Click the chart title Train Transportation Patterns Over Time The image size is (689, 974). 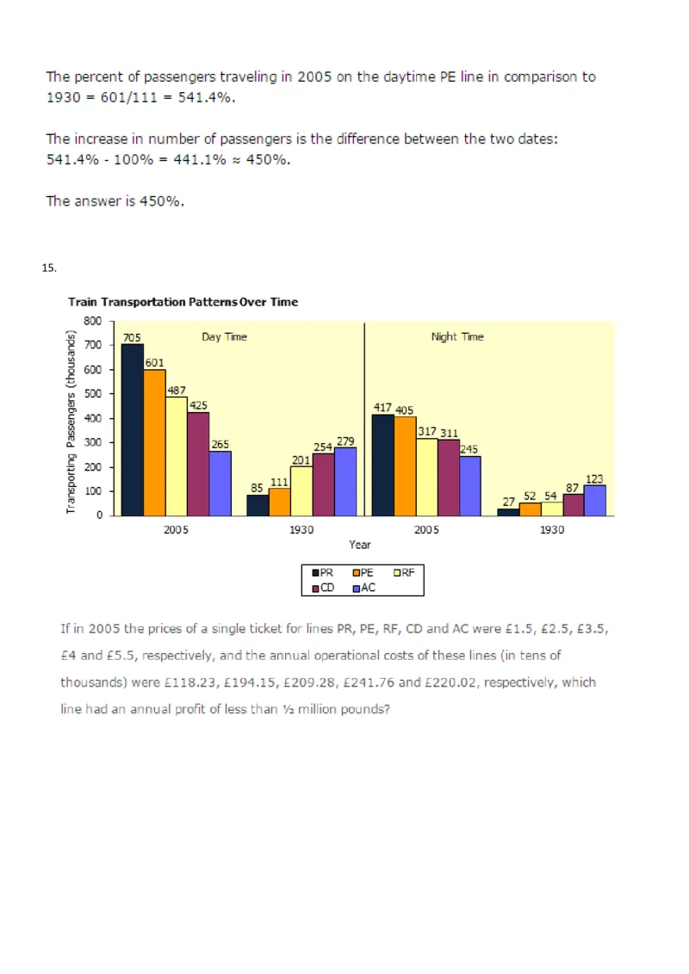(183, 302)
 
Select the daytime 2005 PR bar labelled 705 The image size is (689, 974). (133, 430)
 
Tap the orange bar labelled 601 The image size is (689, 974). (154, 443)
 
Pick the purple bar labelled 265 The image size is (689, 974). (220, 484)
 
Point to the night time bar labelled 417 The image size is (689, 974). (382, 465)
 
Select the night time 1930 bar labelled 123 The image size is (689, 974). (594, 501)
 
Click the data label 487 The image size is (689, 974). (177, 391)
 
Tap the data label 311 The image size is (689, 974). (450, 433)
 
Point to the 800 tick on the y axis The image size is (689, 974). (93, 321)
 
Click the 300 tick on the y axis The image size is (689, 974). (93, 442)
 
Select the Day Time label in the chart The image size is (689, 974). (224, 337)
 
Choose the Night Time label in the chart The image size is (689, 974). (457, 337)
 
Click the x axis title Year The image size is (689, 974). (360, 545)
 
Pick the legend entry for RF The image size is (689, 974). (403, 572)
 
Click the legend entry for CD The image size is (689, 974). (322, 588)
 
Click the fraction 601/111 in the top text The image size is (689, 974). (145, 98)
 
